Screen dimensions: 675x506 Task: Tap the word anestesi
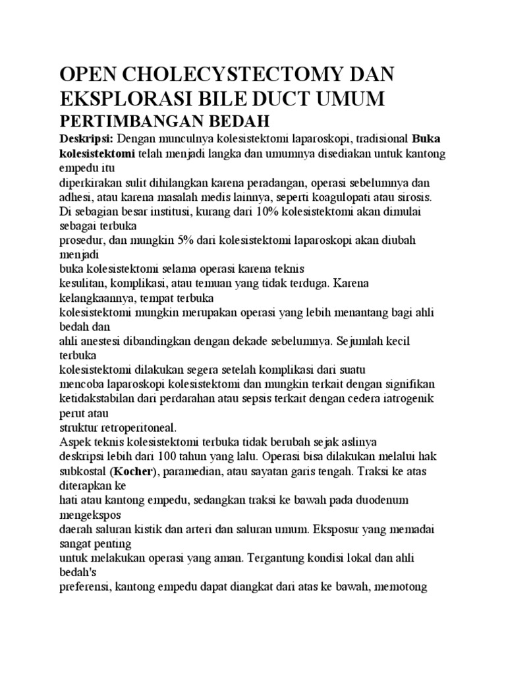(x=98, y=341)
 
